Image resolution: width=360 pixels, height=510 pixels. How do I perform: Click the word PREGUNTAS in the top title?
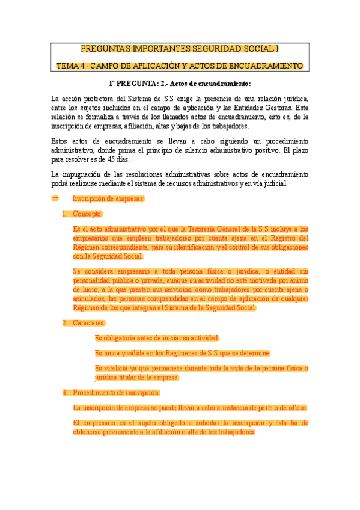click(105, 49)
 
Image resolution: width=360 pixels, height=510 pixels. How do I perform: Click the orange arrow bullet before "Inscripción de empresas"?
click(55, 198)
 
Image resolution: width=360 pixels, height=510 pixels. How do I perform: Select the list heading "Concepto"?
click(88, 214)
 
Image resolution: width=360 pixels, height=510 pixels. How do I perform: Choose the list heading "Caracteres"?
click(89, 323)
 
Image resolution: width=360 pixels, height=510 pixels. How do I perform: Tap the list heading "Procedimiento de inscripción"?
click(117, 393)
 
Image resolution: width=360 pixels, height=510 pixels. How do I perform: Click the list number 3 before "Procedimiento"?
click(64, 393)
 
